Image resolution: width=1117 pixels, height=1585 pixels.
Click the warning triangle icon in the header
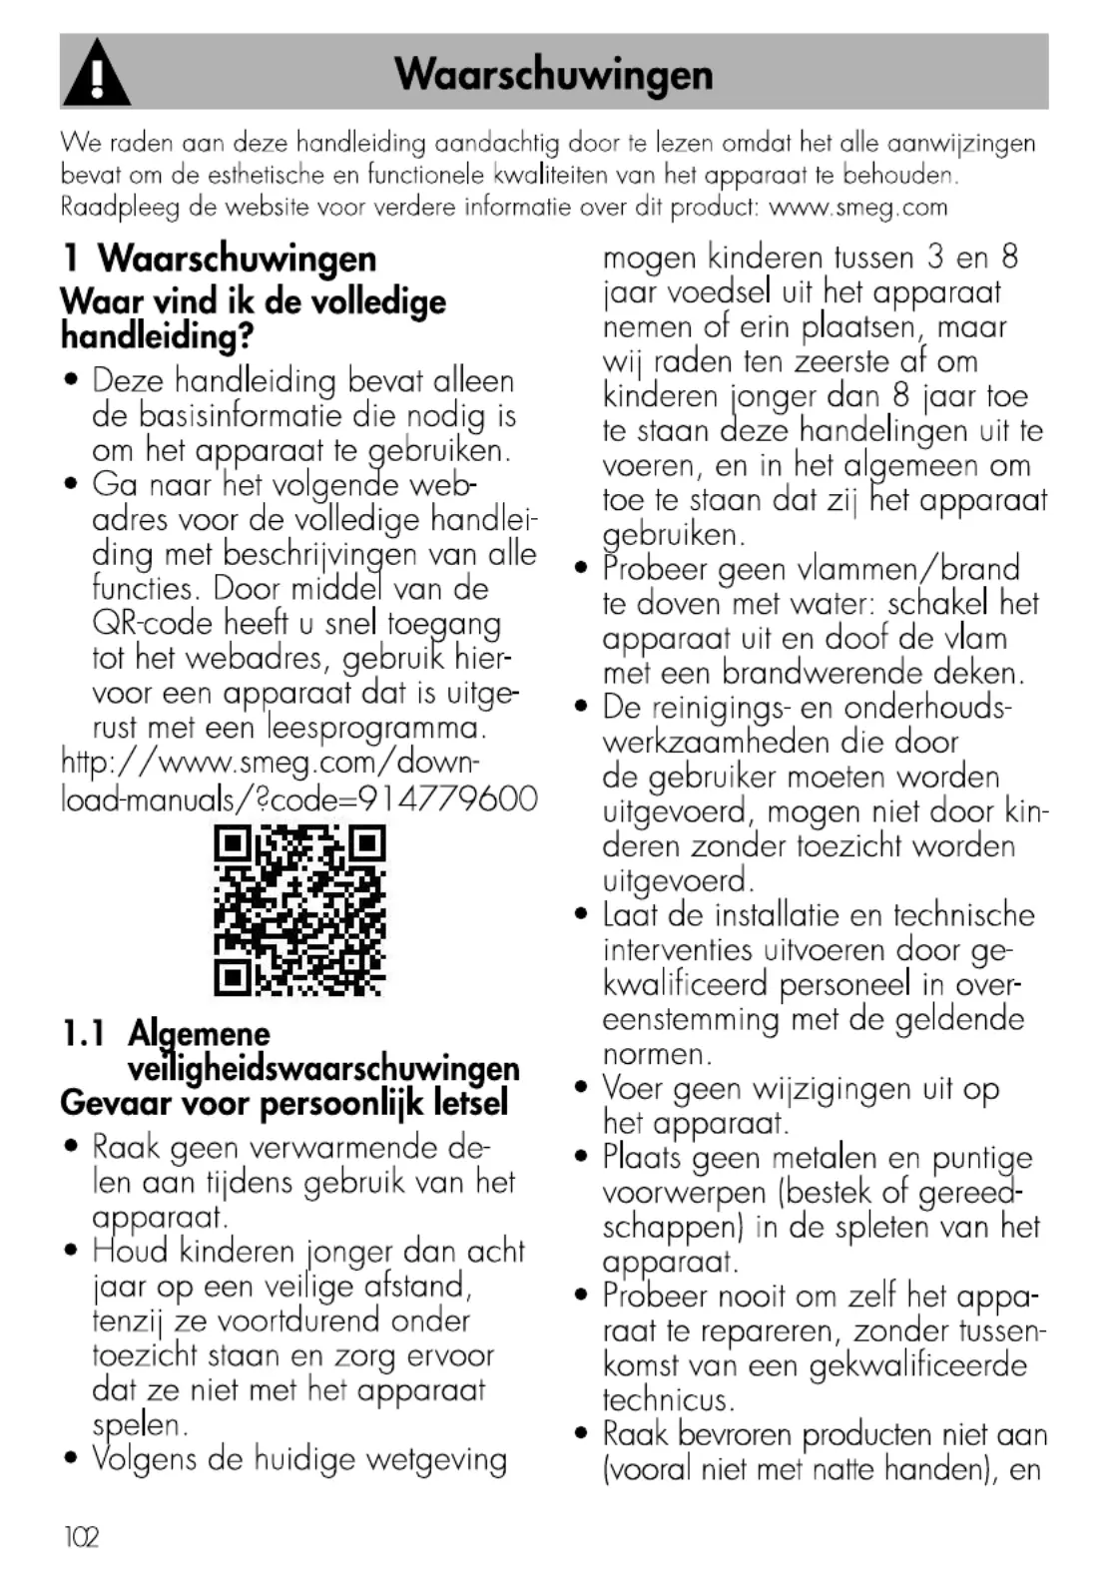tap(96, 74)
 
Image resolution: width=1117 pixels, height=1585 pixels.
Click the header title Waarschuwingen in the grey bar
tap(554, 74)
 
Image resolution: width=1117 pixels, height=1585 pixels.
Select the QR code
tap(299, 910)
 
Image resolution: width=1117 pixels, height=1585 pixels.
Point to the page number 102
tap(81, 1537)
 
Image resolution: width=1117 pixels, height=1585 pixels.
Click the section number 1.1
tap(83, 1034)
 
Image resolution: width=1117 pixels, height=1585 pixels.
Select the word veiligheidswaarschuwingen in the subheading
tap(323, 1068)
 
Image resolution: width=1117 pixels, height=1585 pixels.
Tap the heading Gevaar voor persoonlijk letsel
tap(284, 1103)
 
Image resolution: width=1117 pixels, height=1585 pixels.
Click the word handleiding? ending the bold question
tap(158, 336)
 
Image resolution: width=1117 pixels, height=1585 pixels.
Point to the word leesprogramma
tap(375, 728)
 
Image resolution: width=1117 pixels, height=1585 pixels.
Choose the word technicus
tap(668, 1400)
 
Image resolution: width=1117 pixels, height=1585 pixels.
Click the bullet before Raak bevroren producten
tap(582, 1434)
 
